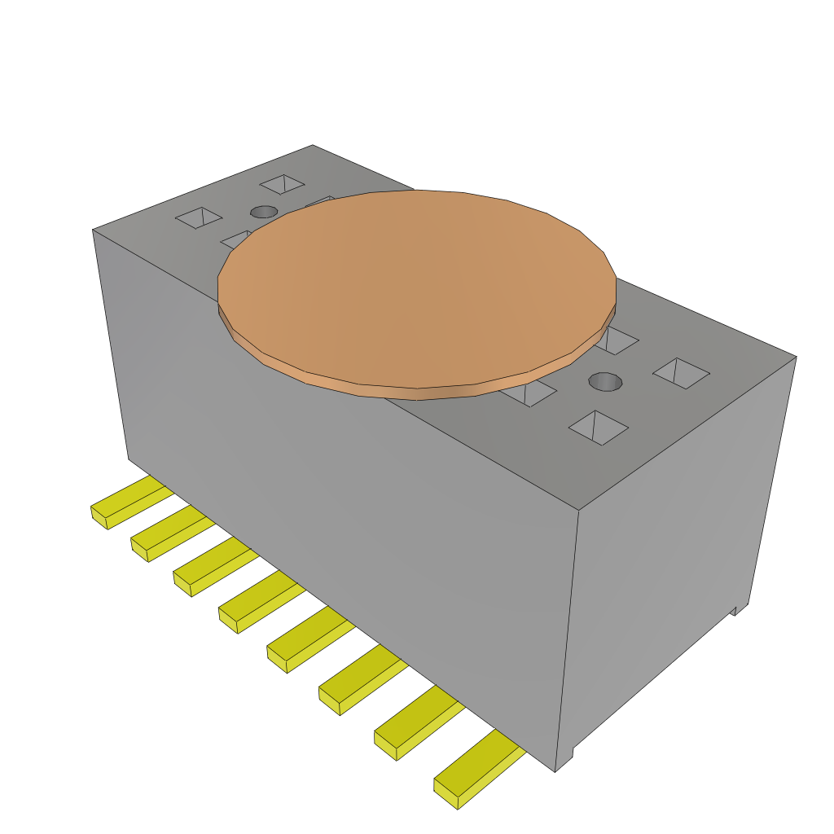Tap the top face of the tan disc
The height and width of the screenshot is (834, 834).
point(415,285)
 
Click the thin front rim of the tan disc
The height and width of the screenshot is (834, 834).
point(415,393)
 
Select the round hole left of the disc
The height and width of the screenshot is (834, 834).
point(263,212)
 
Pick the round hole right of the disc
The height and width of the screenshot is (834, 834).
point(605,381)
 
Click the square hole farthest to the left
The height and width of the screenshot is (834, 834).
point(199,217)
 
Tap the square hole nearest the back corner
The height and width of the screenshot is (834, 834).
point(282,184)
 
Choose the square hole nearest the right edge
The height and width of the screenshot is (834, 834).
point(681,373)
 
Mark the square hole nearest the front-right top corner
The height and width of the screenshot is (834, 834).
point(599,427)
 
